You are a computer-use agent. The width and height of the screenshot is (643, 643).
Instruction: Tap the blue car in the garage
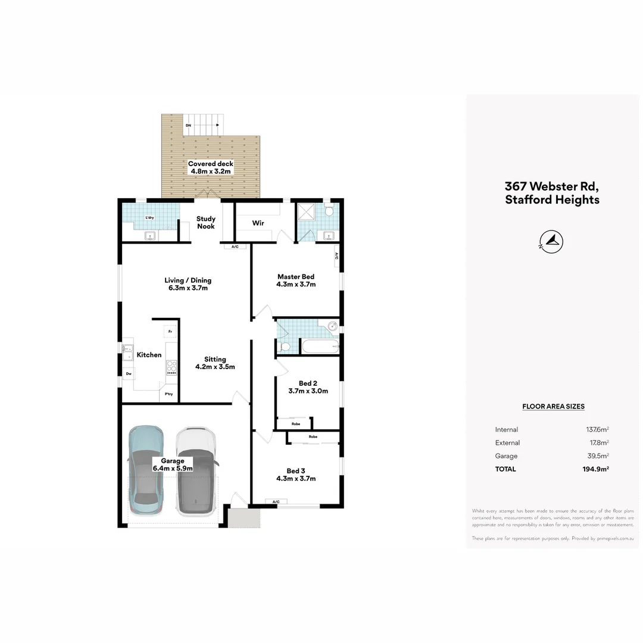146,470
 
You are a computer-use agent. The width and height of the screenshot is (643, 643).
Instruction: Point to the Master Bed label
295,277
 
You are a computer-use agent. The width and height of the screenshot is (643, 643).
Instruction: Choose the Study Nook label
206,222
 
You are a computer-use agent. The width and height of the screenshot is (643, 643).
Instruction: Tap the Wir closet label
258,223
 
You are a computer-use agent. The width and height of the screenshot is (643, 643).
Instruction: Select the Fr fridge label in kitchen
170,331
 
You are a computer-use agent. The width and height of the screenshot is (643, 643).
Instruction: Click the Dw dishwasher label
128,374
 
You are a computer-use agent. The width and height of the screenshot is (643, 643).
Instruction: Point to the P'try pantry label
169,394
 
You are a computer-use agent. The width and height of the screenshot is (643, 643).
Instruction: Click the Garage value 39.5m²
597,456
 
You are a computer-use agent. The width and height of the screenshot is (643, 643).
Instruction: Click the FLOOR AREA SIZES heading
553,407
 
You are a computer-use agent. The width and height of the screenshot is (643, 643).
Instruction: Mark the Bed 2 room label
308,383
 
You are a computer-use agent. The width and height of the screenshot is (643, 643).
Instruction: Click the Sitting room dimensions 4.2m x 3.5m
215,367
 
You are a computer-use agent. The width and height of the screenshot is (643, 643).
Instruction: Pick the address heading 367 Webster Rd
552,186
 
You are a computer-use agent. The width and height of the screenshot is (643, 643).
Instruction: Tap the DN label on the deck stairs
188,126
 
